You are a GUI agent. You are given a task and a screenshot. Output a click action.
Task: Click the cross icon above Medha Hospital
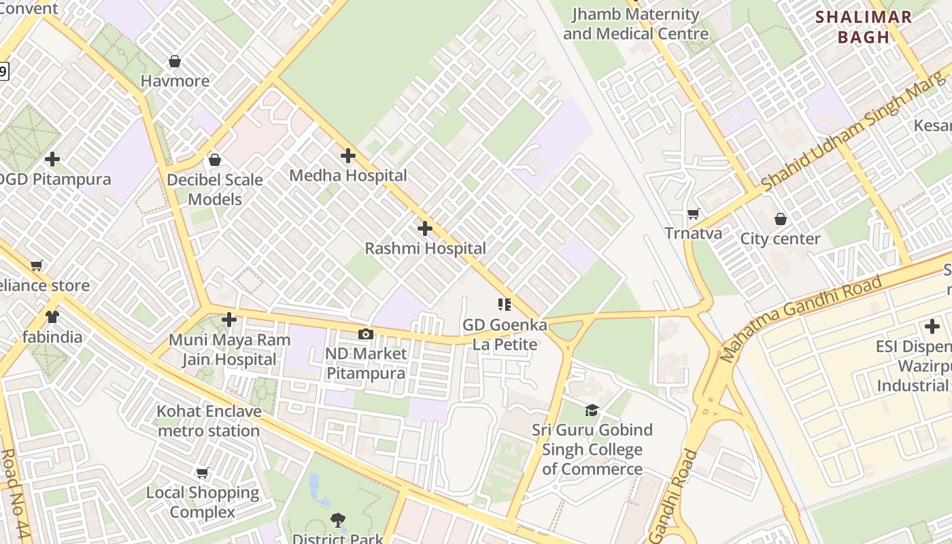pyautogui.click(x=348, y=156)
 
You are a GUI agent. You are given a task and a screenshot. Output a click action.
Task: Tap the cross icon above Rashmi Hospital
pyautogui.click(x=425, y=228)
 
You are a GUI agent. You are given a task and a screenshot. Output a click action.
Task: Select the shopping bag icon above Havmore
pyautogui.click(x=175, y=61)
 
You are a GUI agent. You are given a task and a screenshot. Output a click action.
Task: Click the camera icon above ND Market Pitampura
pyautogui.click(x=366, y=334)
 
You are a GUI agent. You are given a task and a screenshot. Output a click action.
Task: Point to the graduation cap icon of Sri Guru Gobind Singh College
pyautogui.click(x=592, y=410)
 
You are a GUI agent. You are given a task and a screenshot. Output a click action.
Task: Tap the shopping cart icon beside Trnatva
pyautogui.click(x=693, y=214)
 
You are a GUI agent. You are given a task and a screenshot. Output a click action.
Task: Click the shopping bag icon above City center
pyautogui.click(x=781, y=219)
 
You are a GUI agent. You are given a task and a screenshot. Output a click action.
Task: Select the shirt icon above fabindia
pyautogui.click(x=52, y=317)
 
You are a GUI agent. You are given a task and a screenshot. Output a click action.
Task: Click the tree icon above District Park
pyautogui.click(x=338, y=521)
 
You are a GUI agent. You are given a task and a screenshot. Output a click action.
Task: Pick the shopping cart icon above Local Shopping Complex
pyautogui.click(x=202, y=473)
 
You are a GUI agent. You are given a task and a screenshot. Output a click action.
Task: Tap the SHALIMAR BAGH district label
pyautogui.click(x=864, y=27)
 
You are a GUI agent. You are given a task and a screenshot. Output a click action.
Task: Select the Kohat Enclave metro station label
pyautogui.click(x=209, y=421)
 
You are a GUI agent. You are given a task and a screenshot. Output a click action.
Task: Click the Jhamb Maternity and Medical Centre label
pyautogui.click(x=636, y=24)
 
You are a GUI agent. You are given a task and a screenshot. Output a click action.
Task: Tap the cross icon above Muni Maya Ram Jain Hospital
pyautogui.click(x=229, y=319)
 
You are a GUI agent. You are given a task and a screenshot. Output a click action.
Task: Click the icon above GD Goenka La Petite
pyautogui.click(x=505, y=304)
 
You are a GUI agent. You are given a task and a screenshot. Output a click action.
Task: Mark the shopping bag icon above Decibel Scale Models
pyautogui.click(x=215, y=160)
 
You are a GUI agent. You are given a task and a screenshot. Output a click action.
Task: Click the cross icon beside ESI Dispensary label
pyautogui.click(x=932, y=326)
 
